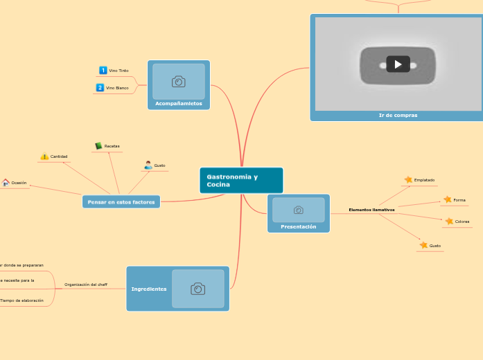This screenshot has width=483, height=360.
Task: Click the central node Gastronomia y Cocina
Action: (240, 181)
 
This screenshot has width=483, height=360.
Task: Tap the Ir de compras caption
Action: (398, 115)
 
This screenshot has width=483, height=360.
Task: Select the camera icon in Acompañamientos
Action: (178, 82)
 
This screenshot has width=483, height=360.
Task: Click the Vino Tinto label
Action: (118, 71)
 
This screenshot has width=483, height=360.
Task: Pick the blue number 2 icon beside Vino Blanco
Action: (100, 88)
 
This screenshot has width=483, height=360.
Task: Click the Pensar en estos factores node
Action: (121, 201)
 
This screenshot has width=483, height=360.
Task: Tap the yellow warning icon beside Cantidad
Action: (44, 156)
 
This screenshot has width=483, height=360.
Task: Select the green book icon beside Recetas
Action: (98, 146)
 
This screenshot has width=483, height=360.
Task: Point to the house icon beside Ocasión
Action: (6, 183)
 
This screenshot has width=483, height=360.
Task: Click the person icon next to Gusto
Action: (148, 165)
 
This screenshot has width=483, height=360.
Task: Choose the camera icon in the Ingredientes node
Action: (197, 289)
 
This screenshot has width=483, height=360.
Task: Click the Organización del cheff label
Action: (86, 285)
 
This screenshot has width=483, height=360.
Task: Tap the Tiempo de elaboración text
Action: (21, 300)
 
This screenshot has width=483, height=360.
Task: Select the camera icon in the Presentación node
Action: (298, 210)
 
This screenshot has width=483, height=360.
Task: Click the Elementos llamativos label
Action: (371, 209)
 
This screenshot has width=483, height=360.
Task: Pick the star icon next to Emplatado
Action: (408, 180)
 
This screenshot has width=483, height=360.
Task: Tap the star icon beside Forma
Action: (448, 200)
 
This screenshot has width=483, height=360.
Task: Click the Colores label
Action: (462, 222)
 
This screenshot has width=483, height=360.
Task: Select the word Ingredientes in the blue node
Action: (149, 289)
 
